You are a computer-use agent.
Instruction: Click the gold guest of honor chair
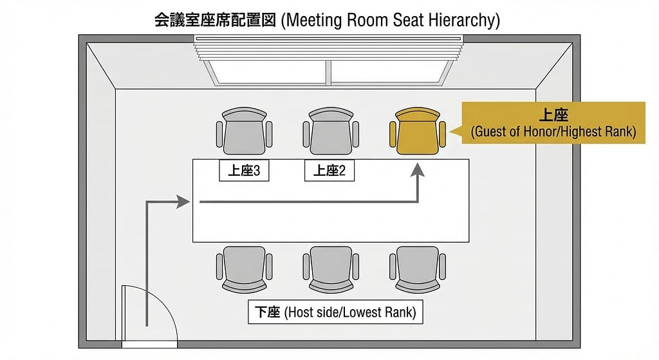tap(418, 132)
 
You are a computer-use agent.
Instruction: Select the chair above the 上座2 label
tap(331, 132)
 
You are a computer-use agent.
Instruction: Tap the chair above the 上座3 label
tap(244, 132)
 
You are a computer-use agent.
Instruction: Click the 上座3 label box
tap(244, 171)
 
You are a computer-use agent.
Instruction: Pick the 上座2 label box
tap(329, 171)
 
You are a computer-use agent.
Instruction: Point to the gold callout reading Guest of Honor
tap(553, 122)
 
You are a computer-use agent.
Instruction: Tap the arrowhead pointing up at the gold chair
tap(418, 170)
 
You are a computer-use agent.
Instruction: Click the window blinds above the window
tap(329, 47)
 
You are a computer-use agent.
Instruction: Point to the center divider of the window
tap(329, 73)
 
